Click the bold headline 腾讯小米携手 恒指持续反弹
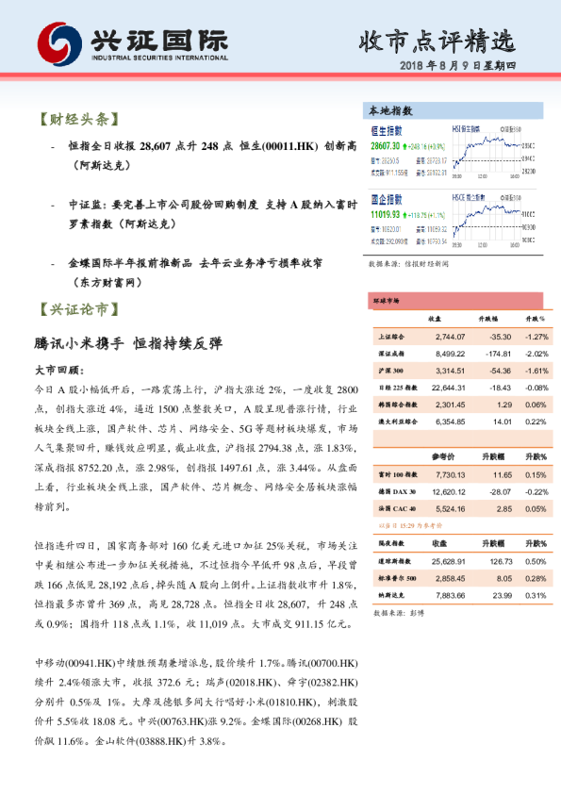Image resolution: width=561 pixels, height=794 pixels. (x=128, y=343)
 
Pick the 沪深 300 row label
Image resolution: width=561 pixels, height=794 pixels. (x=390, y=371)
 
